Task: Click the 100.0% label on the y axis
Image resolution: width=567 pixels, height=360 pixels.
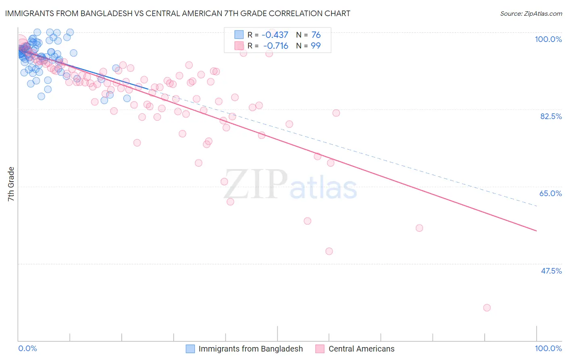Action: pyautogui.click(x=548, y=39)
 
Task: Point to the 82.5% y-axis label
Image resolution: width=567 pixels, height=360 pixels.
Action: pyautogui.click(x=551, y=116)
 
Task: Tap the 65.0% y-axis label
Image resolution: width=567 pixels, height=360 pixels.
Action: pyautogui.click(x=550, y=193)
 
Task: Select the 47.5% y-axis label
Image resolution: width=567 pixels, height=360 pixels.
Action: pyautogui.click(x=551, y=271)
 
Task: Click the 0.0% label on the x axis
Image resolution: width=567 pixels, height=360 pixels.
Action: pyautogui.click(x=27, y=348)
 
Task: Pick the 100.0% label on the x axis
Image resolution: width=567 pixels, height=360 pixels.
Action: pyautogui.click(x=548, y=348)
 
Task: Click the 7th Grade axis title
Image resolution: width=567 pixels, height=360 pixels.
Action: pyautogui.click(x=11, y=184)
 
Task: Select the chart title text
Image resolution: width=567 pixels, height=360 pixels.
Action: pyautogui.click(x=177, y=13)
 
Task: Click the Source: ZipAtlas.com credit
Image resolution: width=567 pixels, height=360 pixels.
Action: pyautogui.click(x=531, y=13)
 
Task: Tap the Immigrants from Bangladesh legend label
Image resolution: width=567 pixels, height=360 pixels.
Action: pyautogui.click(x=250, y=349)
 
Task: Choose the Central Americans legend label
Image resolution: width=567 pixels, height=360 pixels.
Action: pyautogui.click(x=361, y=349)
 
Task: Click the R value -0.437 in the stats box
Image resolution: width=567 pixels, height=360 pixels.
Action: pyautogui.click(x=275, y=35)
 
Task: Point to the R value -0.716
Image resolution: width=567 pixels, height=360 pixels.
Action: pyautogui.click(x=275, y=46)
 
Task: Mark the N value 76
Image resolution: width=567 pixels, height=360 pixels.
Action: pyautogui.click(x=316, y=35)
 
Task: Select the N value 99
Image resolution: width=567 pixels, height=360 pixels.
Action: pyautogui.click(x=316, y=46)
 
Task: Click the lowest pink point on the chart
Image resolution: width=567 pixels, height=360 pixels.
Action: pyautogui.click(x=487, y=308)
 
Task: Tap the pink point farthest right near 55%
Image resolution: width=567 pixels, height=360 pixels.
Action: pyautogui.click(x=419, y=228)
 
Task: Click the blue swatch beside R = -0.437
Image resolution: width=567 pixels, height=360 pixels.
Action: pyautogui.click(x=239, y=35)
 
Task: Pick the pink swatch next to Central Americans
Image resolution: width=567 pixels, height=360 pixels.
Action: pyautogui.click(x=320, y=349)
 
